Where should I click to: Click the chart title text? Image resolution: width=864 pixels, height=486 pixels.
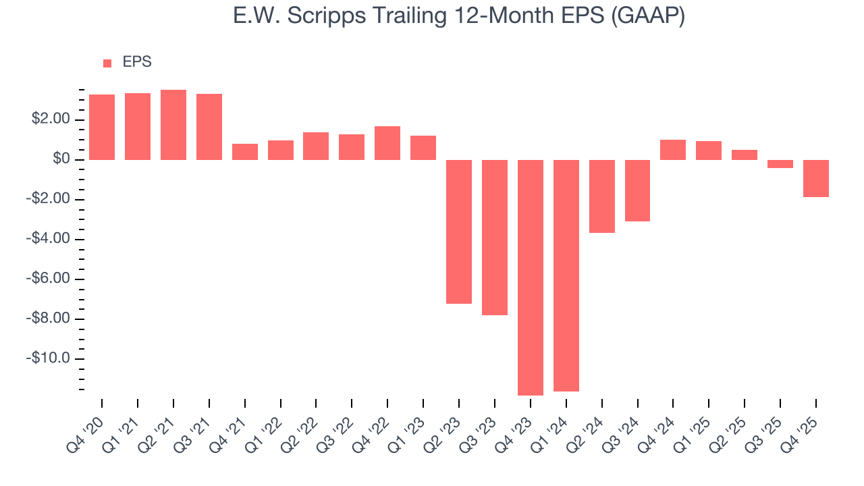(459, 16)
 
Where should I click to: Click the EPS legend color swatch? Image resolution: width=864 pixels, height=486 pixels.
(107, 63)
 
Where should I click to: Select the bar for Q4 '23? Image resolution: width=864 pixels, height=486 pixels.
(531, 277)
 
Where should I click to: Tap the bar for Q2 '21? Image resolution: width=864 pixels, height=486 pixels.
(173, 125)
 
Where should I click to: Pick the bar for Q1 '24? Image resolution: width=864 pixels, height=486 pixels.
(566, 275)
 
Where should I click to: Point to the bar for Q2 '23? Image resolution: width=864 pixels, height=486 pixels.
(459, 232)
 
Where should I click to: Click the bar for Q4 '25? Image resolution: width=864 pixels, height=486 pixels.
(816, 178)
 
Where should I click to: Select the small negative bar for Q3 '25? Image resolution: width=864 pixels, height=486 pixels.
(780, 164)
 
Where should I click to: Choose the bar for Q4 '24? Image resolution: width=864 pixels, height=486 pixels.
(673, 150)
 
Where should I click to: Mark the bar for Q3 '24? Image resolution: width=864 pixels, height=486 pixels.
(637, 190)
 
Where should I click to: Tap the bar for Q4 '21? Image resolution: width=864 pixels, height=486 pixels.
(245, 152)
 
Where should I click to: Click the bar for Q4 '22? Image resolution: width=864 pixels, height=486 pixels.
(387, 143)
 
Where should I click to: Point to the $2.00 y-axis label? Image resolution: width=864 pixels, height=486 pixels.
(51, 119)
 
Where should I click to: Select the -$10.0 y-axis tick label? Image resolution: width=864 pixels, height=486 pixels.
(49, 358)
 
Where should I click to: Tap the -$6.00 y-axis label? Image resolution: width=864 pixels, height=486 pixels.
(49, 279)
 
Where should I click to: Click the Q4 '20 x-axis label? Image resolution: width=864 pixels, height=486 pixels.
(86, 425)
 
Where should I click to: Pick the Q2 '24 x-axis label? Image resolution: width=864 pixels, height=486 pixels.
(586, 425)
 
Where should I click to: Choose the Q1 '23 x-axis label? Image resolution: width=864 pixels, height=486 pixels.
(408, 425)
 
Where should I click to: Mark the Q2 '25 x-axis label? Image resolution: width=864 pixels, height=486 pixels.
(729, 425)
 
